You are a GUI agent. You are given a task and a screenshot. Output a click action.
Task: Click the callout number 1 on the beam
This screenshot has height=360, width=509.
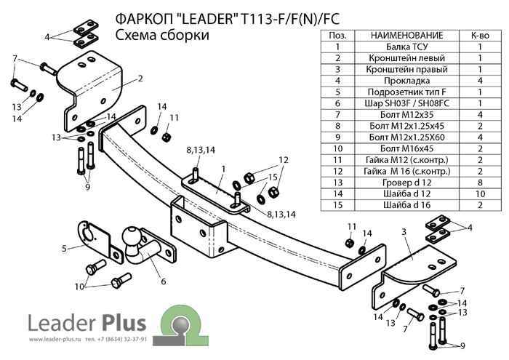pos(223,169)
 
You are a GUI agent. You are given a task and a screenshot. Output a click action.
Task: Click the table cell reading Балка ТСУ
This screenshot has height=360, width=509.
pos(406,46)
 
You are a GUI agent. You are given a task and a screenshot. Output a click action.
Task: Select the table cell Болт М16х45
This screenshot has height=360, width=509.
pos(406,147)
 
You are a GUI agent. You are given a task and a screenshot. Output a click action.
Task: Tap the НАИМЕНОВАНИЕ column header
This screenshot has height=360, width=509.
pos(406,35)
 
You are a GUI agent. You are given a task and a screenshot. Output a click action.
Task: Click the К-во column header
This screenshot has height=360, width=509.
pos(480,35)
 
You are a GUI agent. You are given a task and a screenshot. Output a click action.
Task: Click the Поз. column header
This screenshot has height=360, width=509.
pos(337,35)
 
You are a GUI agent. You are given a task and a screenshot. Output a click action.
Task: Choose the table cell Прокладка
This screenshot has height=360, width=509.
pos(406,80)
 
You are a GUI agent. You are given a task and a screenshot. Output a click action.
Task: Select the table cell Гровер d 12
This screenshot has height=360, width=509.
pos(406,181)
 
